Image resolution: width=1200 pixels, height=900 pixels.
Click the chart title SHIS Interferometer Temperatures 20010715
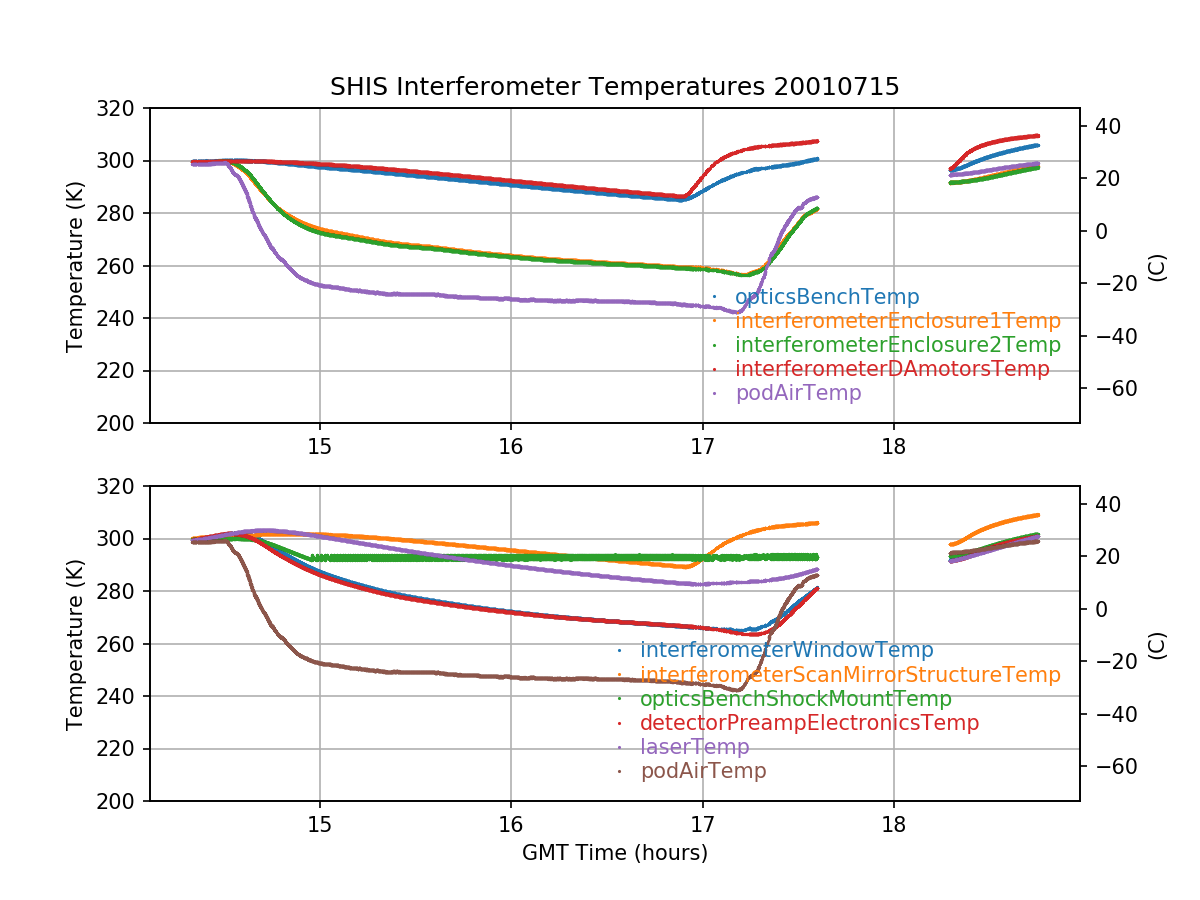pyautogui.click(x=614, y=87)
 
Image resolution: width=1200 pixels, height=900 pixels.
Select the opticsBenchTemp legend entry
pyautogui.click(x=826, y=297)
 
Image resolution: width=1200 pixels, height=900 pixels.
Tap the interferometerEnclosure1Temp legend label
pyautogui.click(x=897, y=321)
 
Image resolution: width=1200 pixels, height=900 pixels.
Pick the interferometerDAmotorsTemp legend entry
pyautogui.click(x=892, y=369)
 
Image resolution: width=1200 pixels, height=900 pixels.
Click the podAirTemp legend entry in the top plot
pyautogui.click(x=798, y=393)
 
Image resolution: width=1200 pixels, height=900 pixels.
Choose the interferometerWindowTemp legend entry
pyautogui.click(x=786, y=651)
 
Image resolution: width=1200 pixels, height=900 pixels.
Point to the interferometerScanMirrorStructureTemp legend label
pyautogui.click(x=849, y=675)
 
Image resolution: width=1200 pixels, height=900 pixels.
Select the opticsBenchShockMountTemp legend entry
pyautogui.click(x=795, y=699)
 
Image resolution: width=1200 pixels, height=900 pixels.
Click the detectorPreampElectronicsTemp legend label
pyautogui.click(x=809, y=723)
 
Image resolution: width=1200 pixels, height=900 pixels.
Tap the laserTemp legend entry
pyautogui.click(x=694, y=747)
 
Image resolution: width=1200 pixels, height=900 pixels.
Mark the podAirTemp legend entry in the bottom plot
pyautogui.click(x=703, y=771)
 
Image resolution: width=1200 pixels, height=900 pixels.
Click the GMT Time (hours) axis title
pyautogui.click(x=614, y=853)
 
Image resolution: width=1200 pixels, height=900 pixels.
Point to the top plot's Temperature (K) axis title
pyautogui.click(x=75, y=266)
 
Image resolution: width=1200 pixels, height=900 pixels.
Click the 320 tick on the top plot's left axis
pyautogui.click(x=123, y=109)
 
